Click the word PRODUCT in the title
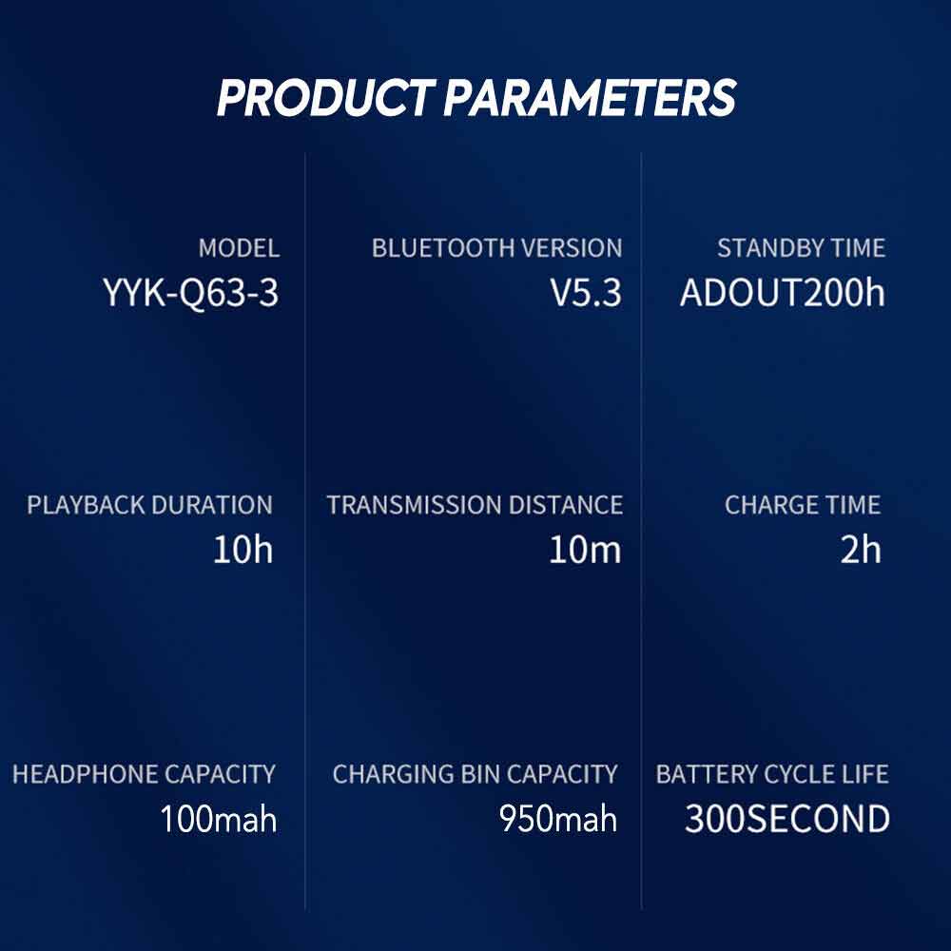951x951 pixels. pyautogui.click(x=325, y=97)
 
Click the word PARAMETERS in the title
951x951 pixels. pyautogui.click(x=591, y=97)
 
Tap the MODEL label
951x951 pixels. pyautogui.click(x=239, y=248)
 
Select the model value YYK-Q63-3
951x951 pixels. pyautogui.click(x=191, y=293)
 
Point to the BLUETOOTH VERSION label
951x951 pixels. pyautogui.click(x=496, y=248)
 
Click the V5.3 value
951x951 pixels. pyautogui.click(x=586, y=292)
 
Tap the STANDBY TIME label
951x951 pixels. pyautogui.click(x=801, y=248)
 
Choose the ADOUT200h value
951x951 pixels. pyautogui.click(x=783, y=292)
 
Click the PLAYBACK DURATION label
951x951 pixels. pyautogui.click(x=150, y=505)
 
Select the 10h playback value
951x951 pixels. pyautogui.click(x=243, y=550)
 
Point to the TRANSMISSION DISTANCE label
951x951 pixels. pyautogui.click(x=475, y=505)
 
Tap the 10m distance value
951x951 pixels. pyautogui.click(x=585, y=550)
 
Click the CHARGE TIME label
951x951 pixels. pyautogui.click(x=803, y=505)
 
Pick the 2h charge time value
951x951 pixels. pyautogui.click(x=861, y=550)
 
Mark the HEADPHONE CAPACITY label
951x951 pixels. pyautogui.click(x=144, y=774)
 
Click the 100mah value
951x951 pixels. pyautogui.click(x=219, y=819)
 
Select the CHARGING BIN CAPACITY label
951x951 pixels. pyautogui.click(x=475, y=774)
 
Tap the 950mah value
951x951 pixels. pyautogui.click(x=558, y=819)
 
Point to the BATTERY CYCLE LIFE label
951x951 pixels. pyautogui.click(x=772, y=774)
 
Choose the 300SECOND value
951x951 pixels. pyautogui.click(x=787, y=819)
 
